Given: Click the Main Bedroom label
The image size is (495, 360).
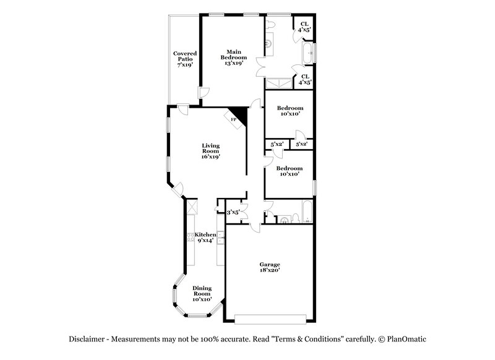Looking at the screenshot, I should [233, 54].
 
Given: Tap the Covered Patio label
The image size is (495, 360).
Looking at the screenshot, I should [184, 56].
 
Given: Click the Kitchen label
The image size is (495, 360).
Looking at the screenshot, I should [205, 235].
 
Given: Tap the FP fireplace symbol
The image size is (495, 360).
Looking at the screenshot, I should [234, 119].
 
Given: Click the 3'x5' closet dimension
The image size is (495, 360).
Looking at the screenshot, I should [233, 212].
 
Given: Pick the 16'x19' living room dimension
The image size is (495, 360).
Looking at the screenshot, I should [211, 157].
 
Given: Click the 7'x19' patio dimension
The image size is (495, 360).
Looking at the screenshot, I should [184, 64].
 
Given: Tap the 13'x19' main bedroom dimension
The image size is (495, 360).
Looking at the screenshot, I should [233, 62].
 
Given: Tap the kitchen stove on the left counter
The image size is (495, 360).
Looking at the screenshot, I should [191, 236].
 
